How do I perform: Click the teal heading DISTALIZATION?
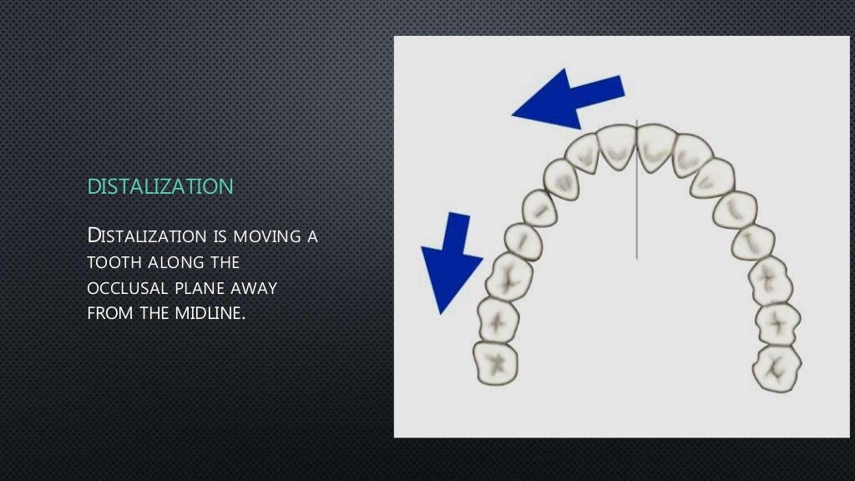coord(160,186)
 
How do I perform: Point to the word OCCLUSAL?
coord(126,288)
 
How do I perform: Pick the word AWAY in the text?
coord(258,288)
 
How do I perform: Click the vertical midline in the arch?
coord(637,209)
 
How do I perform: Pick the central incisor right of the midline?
coord(655,147)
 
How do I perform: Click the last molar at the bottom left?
coord(495,362)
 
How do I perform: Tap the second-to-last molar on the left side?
coord(498,318)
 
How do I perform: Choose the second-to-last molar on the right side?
coord(777,321)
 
